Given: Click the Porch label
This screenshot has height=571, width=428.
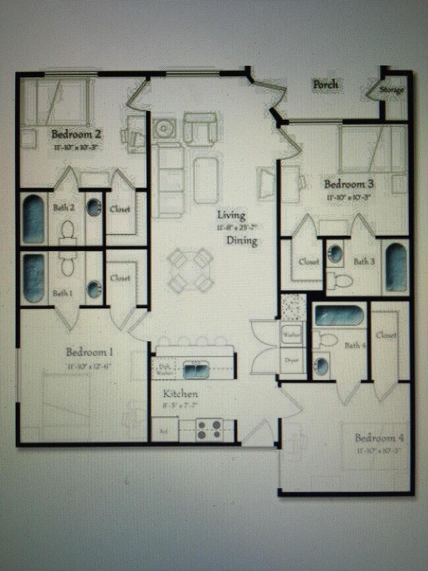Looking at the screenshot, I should pyautogui.click(x=326, y=84).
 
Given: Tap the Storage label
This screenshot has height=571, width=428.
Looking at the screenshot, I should pyautogui.click(x=391, y=90).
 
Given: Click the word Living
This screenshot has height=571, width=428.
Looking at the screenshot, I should pyautogui.click(x=232, y=215).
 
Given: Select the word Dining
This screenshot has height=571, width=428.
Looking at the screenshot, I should pyautogui.click(x=242, y=241).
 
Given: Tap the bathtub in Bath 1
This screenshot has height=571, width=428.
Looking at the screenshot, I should pyautogui.click(x=34, y=278).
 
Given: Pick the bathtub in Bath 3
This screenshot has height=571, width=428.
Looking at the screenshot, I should pyautogui.click(x=396, y=267).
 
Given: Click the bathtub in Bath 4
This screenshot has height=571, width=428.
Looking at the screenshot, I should pyautogui.click(x=338, y=316).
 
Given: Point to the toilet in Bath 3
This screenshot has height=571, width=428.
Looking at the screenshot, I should pyautogui.click(x=340, y=279).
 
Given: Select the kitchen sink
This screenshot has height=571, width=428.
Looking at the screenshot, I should pyautogui.click(x=196, y=370).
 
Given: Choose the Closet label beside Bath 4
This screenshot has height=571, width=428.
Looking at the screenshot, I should pyautogui.click(x=387, y=335).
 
